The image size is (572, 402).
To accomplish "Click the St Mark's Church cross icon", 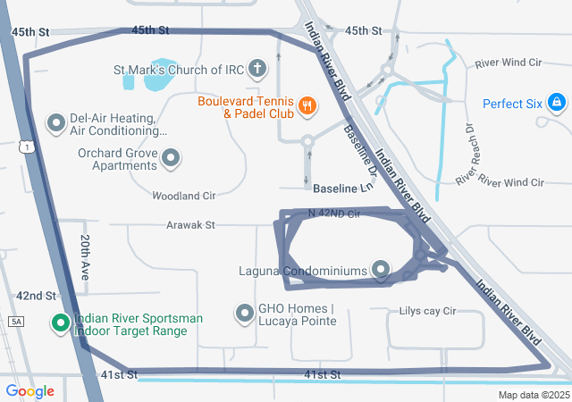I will (257, 69).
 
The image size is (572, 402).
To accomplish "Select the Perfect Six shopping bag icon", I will (556, 103).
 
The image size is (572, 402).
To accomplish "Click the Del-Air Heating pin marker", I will (56, 121).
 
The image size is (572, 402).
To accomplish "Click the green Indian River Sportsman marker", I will (61, 323).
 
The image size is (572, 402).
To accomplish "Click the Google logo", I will (29, 390).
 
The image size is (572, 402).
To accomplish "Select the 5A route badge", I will (15, 321).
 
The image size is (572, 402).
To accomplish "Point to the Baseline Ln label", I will (341, 188).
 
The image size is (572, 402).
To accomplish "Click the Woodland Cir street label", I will (184, 195).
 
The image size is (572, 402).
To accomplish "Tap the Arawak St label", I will (190, 226).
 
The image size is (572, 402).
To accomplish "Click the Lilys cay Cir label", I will (427, 312).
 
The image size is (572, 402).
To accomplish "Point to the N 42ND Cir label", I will (333, 214).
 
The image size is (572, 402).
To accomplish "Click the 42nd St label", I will (36, 296).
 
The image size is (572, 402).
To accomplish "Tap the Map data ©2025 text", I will (534, 395).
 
